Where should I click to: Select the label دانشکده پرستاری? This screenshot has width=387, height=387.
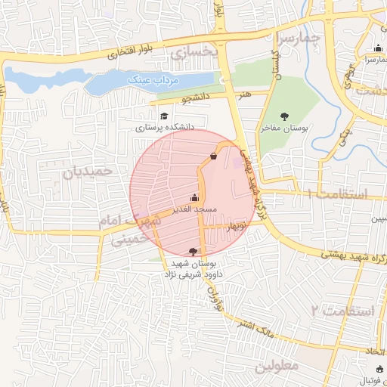165,128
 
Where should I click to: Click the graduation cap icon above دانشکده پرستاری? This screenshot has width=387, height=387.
164,116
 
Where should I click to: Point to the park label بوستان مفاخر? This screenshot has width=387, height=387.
286,128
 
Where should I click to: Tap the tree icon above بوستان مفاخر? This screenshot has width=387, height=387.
285,116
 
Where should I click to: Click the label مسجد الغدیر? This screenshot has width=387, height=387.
194,208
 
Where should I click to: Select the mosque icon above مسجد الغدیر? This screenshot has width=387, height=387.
195,197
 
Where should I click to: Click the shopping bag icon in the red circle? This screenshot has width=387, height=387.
214,156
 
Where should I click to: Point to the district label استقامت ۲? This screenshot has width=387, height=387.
342,311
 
